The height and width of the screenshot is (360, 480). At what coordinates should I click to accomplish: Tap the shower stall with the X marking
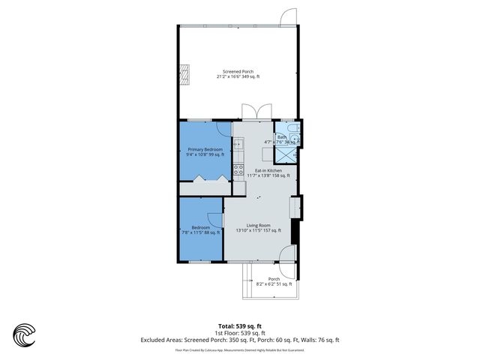point(285,154)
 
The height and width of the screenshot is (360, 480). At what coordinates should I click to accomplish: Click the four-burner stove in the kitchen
point(237,170)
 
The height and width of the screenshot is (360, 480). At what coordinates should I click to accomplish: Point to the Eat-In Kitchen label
point(268,172)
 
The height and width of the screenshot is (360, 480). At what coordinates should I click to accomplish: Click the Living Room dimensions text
point(258,230)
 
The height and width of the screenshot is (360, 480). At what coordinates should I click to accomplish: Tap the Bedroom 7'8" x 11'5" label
point(200,229)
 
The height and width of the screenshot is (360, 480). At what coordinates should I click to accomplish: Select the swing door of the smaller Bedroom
point(216,218)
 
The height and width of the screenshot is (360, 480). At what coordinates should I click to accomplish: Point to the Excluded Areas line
point(240,340)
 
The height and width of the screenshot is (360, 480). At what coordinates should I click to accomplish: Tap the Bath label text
point(281,137)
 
